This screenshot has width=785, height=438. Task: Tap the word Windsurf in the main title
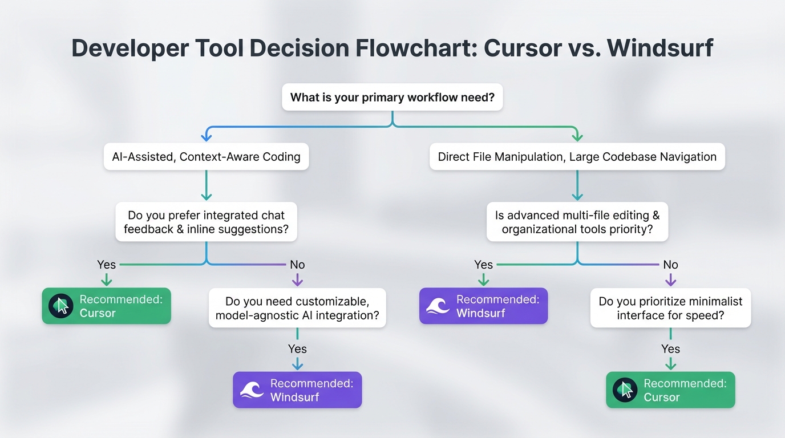coord(660,48)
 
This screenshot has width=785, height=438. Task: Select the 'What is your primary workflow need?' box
coord(392,97)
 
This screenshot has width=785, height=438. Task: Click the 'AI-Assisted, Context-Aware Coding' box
coord(206,157)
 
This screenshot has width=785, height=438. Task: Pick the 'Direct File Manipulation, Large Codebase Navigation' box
coord(577,157)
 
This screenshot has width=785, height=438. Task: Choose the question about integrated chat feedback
coord(206,222)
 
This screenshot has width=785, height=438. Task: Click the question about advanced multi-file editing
coord(577,222)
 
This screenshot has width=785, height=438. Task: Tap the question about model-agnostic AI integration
coord(297,307)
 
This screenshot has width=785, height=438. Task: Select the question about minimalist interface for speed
coord(670,307)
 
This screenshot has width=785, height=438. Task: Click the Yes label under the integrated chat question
coord(106,265)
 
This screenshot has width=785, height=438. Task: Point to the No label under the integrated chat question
coord(297,265)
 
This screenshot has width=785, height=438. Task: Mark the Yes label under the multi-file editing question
coord(483,265)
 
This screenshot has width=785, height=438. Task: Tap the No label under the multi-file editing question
coord(670,265)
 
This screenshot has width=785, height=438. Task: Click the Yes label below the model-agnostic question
coord(297,349)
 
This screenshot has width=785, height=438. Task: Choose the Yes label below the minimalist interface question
coord(670,349)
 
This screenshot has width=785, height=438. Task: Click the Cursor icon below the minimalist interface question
coord(625,390)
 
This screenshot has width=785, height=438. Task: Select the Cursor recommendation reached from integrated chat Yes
coord(106,306)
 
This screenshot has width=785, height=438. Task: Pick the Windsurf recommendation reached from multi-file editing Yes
coord(483,306)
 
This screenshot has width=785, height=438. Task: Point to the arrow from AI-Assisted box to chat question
coord(206,185)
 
